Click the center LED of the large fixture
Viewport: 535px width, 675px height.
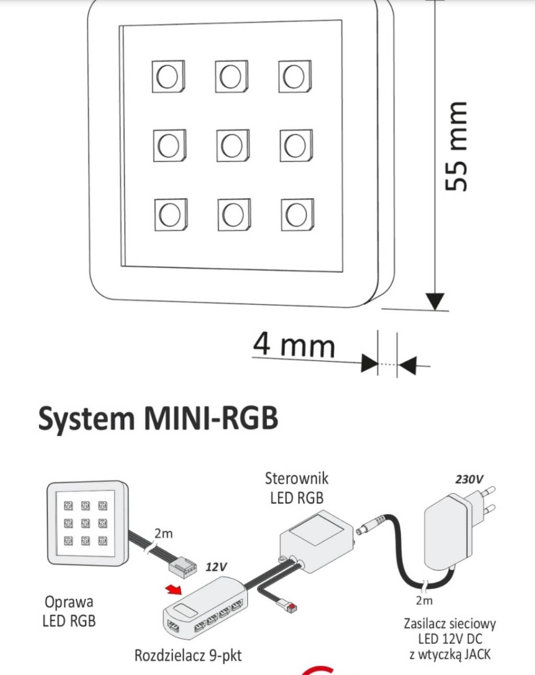point(232,145)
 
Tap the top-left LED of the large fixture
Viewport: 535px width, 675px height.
point(168,76)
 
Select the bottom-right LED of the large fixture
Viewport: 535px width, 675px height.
point(297,214)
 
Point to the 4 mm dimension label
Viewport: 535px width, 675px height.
point(294,345)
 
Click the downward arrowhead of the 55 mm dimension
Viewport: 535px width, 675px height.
point(435,302)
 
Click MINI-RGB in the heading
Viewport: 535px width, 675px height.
point(211,418)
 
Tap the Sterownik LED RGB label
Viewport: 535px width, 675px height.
point(297,488)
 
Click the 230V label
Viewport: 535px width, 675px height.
point(469,479)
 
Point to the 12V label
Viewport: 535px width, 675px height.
point(216,567)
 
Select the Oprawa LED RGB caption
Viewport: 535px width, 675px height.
point(69,611)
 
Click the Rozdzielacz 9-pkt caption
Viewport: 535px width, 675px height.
point(188,655)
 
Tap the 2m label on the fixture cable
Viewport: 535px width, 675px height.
point(163,534)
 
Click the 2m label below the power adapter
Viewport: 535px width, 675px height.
point(424,600)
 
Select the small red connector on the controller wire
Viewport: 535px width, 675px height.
point(292,607)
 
